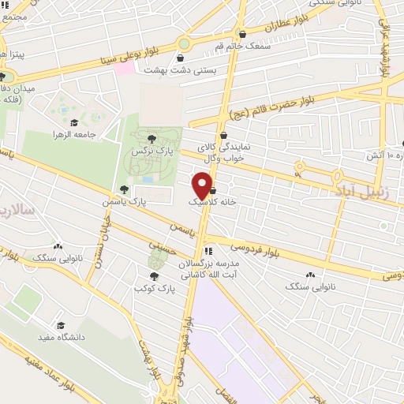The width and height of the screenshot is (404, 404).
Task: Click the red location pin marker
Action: pyautogui.click(x=203, y=185)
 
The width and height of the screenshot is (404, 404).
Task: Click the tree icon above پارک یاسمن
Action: pyautogui.click(x=124, y=189)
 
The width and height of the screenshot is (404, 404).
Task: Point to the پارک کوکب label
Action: pyautogui.click(x=153, y=288)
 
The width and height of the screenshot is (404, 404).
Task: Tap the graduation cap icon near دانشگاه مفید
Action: pyautogui.click(x=60, y=325)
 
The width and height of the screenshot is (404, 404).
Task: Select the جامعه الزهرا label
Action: pyautogui.click(x=73, y=134)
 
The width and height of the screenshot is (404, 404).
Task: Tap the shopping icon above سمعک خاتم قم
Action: pyautogui.click(x=241, y=35)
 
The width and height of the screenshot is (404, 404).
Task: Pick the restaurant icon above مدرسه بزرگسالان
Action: pyautogui.click(x=208, y=252)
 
